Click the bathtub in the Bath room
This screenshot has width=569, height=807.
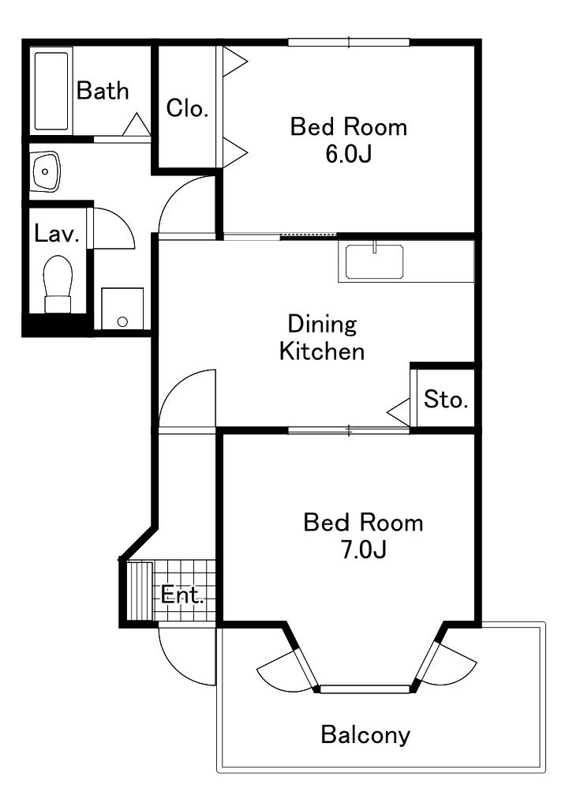point(51,91)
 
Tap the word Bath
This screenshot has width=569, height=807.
point(103,91)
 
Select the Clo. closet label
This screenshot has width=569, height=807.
point(187,108)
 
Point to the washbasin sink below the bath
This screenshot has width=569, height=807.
point(45,171)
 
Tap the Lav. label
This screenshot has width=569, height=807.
point(57,235)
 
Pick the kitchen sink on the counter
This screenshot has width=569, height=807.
point(375,261)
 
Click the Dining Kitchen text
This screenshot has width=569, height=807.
point(322,338)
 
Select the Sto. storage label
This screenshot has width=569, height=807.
point(446,399)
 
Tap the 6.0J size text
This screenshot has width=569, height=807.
point(348,153)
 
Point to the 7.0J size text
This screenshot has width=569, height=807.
point(363,550)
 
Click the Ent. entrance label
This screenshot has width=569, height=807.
point(182,595)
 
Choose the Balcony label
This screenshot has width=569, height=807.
point(366,734)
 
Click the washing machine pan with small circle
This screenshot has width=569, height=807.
point(122,309)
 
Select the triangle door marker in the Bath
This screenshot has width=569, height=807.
point(137,125)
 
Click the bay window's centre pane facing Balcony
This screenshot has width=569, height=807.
point(365,689)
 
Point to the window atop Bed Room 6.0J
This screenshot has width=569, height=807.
point(349,42)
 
